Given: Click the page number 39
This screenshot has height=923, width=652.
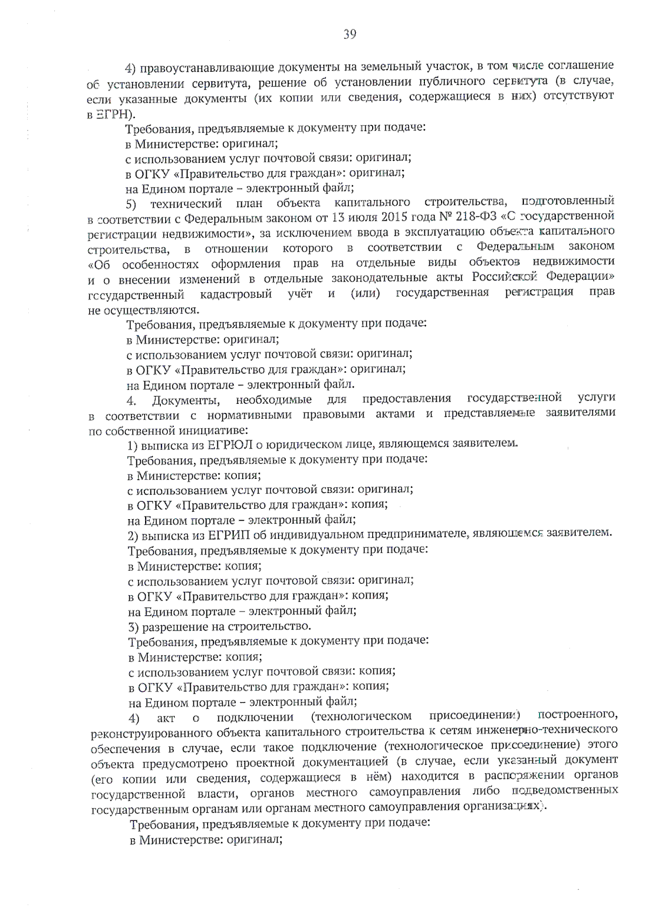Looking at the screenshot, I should [349, 35].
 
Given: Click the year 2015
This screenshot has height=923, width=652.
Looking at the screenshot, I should [388, 219].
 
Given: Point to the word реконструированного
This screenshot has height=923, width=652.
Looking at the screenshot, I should [144, 732].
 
